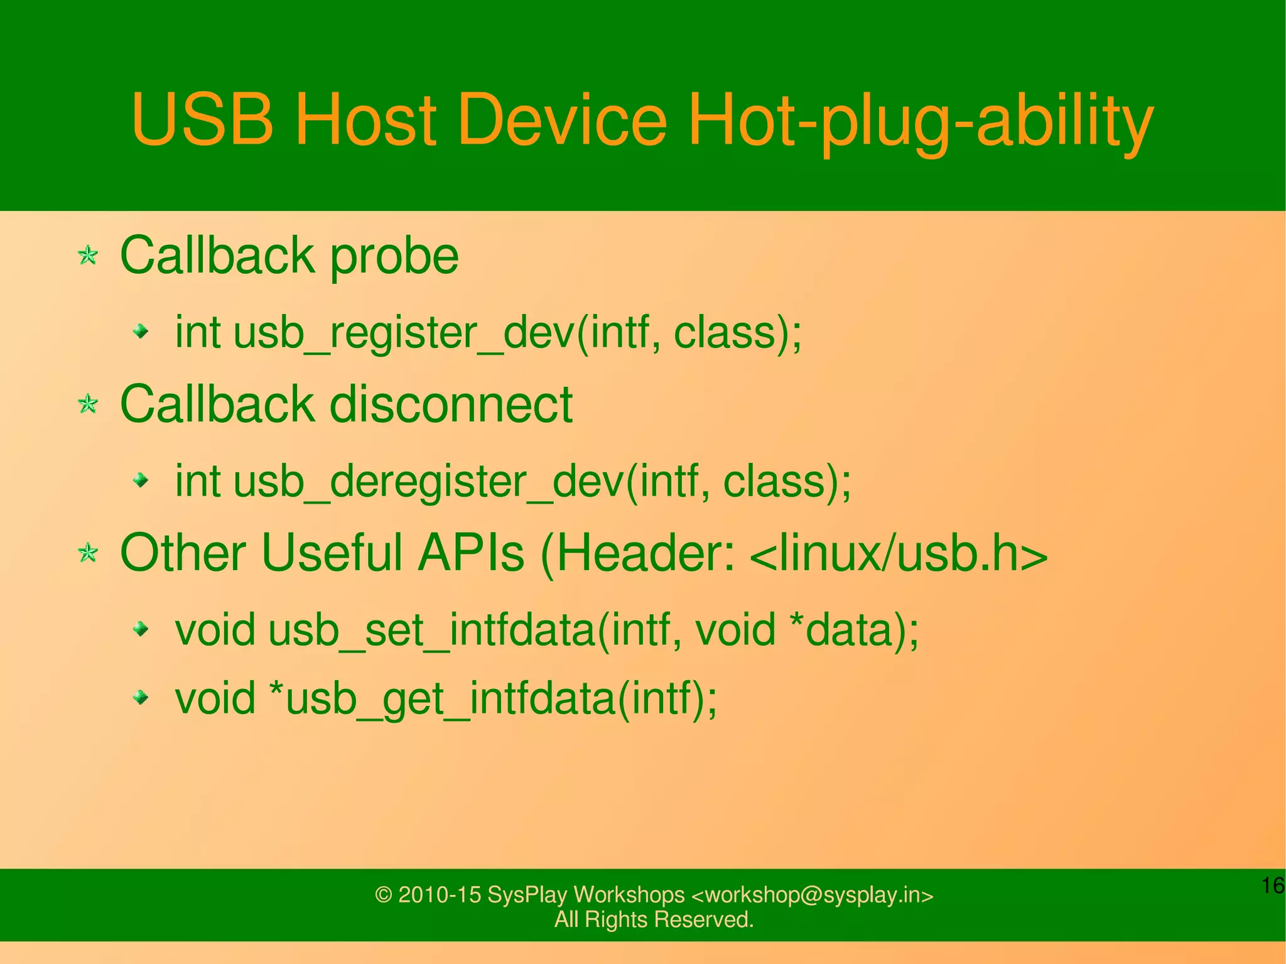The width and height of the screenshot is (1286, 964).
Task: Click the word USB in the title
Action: [202, 119]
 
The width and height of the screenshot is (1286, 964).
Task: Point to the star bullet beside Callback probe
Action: [88, 256]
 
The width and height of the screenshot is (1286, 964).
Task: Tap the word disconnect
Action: [451, 404]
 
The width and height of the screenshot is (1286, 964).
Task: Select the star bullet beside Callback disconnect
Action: [88, 404]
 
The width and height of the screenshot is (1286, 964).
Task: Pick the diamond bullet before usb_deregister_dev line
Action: [142, 481]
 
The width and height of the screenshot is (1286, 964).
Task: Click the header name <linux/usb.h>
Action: [898, 553]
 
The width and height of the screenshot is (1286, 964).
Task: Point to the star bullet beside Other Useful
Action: [88, 553]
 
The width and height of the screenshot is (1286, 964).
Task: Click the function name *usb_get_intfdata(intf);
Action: [492, 698]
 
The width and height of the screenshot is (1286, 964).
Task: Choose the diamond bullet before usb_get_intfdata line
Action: [142, 697]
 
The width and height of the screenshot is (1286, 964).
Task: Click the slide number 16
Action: [1273, 885]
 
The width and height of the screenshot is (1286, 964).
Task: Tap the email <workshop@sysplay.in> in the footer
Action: [812, 894]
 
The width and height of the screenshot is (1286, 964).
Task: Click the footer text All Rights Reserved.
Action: [654, 919]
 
